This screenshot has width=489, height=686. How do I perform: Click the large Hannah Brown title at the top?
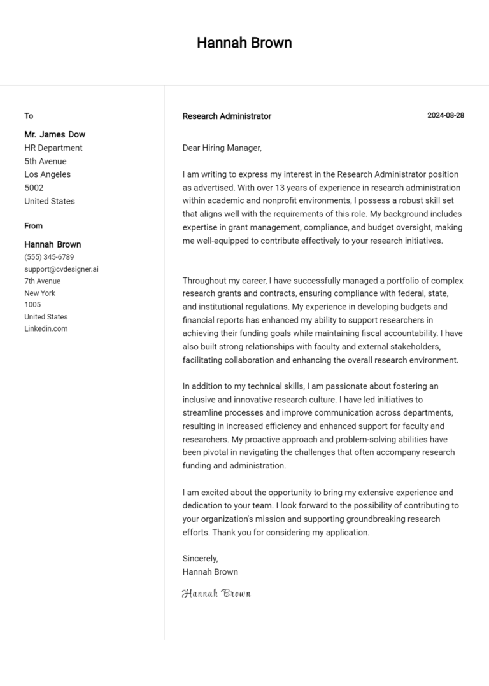[244, 43]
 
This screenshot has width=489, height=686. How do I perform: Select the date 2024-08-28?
[445, 115]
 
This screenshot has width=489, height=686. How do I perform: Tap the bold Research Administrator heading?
[227, 116]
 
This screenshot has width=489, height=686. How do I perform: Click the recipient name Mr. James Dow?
[55, 134]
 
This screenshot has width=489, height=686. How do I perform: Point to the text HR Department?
[53, 148]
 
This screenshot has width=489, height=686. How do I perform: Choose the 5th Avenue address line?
[45, 161]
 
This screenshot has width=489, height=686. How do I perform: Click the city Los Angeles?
[48, 174]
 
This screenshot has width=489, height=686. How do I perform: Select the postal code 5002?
[34, 188]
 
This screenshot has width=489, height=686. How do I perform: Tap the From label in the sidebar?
[34, 226]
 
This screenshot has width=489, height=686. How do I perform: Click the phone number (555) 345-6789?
[49, 257]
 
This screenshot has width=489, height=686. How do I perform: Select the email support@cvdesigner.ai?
[61, 269]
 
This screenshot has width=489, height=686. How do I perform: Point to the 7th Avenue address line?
[43, 281]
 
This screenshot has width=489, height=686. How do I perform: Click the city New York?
[39, 293]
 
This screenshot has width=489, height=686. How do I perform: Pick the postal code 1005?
[32, 305]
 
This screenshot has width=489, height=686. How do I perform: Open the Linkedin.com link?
[46, 328]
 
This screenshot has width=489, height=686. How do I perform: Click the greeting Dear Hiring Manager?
[222, 148]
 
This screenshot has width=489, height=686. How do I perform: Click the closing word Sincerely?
[200, 558]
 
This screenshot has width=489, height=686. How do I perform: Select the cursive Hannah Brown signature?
[216, 593]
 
